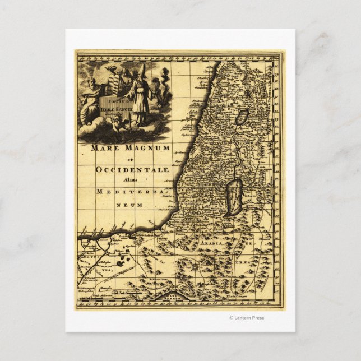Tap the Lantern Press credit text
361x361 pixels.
click(x=247, y=318)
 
